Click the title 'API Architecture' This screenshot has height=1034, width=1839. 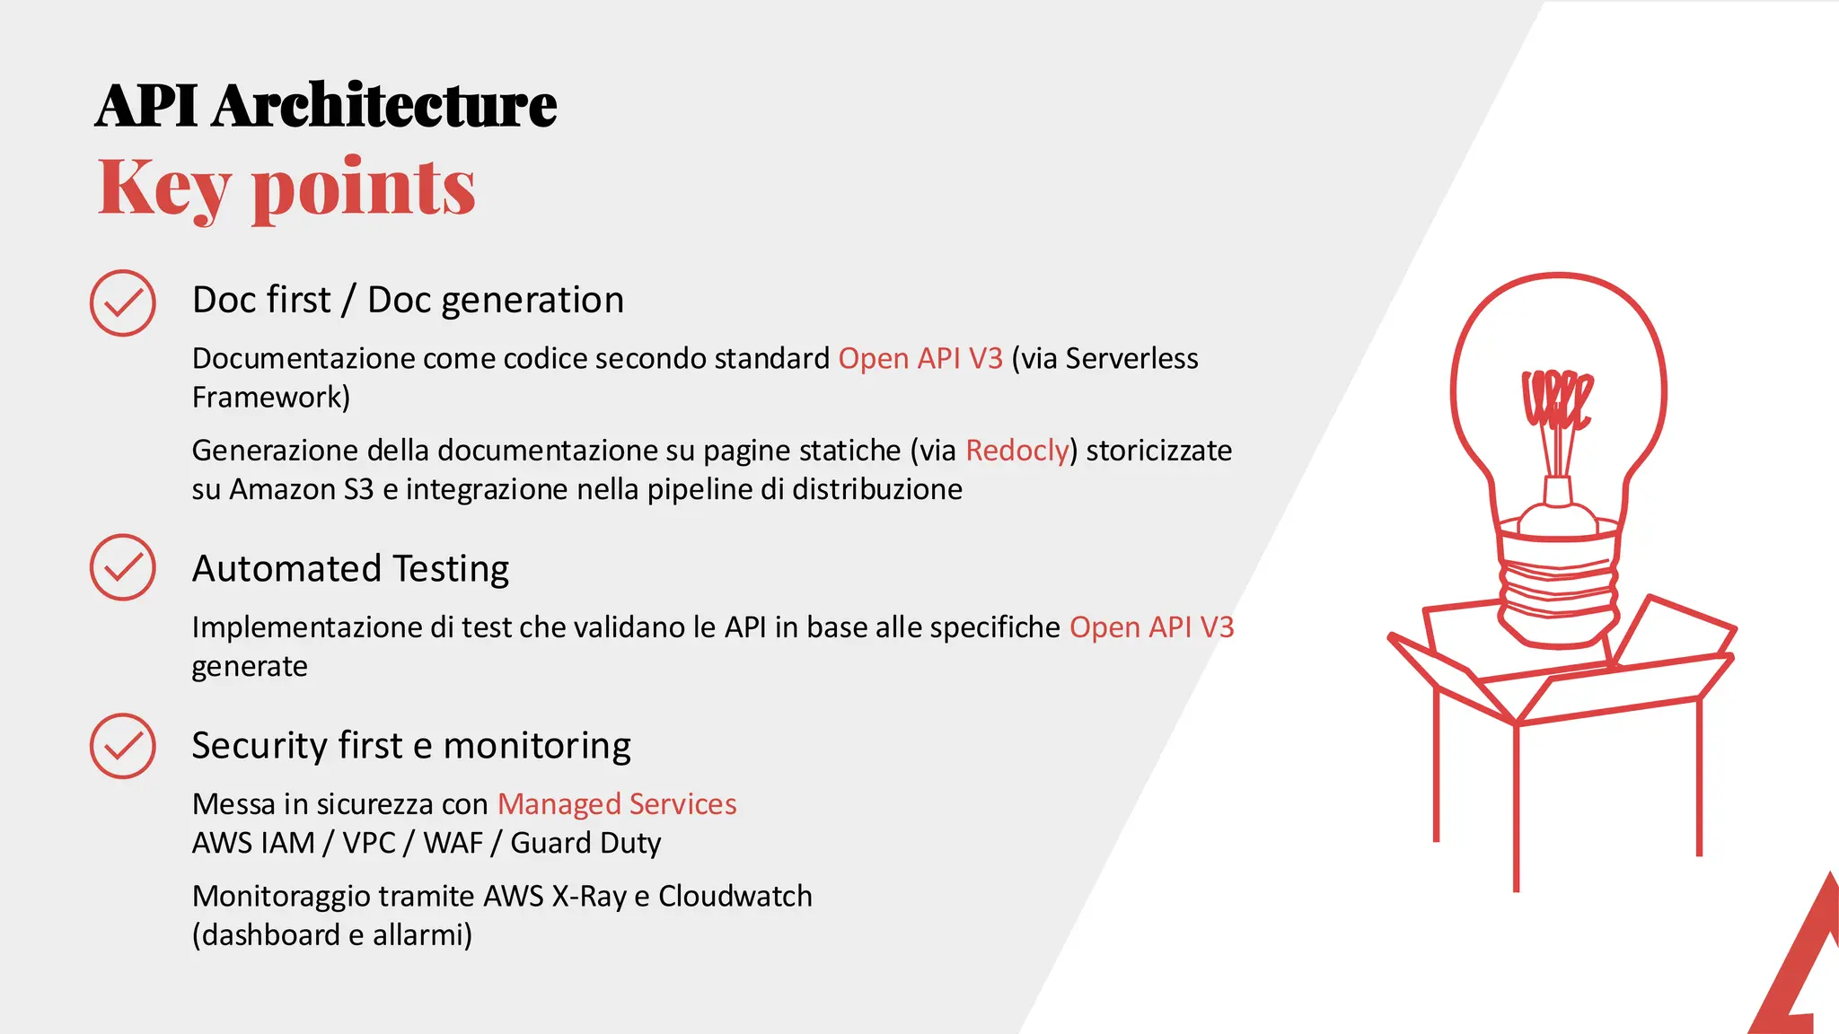pos(325,106)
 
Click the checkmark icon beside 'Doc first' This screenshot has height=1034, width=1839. pos(123,303)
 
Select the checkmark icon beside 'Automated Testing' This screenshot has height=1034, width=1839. pos(123,567)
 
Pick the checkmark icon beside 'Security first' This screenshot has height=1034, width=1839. pos(123,746)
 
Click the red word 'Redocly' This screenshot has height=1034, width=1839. pos(1016,450)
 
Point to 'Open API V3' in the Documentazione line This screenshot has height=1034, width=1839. pos(919,358)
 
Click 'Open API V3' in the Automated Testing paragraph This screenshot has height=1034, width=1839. pos(1151,627)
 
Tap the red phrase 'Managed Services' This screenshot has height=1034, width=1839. pos(617,803)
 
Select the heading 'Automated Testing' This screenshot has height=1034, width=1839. pos(350,568)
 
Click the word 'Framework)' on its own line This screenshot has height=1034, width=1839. pos(270,397)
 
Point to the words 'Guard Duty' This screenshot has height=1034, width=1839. pos(585,843)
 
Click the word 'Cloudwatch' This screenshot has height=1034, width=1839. pos(735,896)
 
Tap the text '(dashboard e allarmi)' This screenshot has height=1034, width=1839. pos(331,934)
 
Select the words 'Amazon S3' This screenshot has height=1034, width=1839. pos(301,489)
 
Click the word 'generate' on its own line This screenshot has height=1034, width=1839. pos(249,666)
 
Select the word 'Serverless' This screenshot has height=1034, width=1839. pos(1131,358)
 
